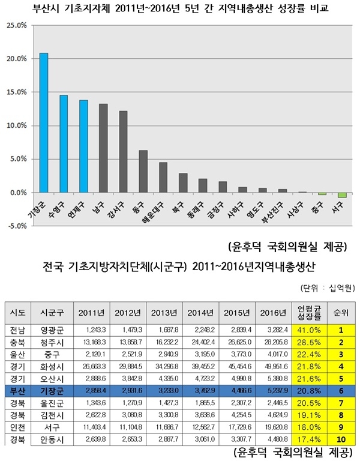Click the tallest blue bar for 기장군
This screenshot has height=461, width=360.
point(44,123)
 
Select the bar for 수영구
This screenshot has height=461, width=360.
point(64,144)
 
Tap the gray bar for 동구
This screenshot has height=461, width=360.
point(143,172)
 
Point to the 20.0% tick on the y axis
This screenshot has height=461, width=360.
point(17,59)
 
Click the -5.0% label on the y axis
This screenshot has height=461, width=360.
point(16,226)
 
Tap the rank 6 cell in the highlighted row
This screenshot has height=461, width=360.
point(341,390)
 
